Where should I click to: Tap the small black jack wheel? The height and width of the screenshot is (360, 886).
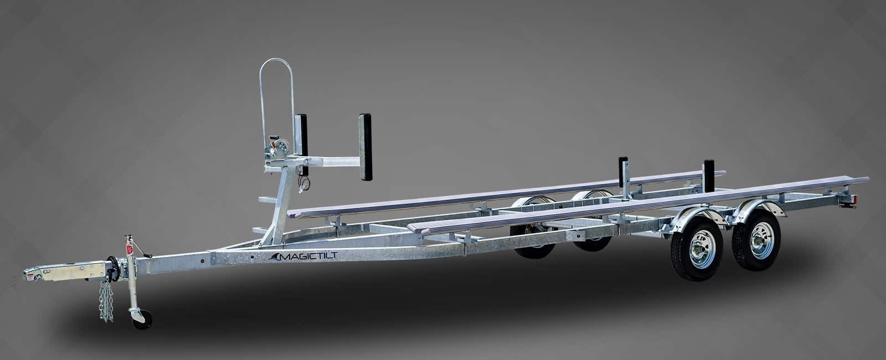point(143,320)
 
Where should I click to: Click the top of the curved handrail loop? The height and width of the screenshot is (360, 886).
point(276,60)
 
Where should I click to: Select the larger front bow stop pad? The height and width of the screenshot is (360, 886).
point(365,147)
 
